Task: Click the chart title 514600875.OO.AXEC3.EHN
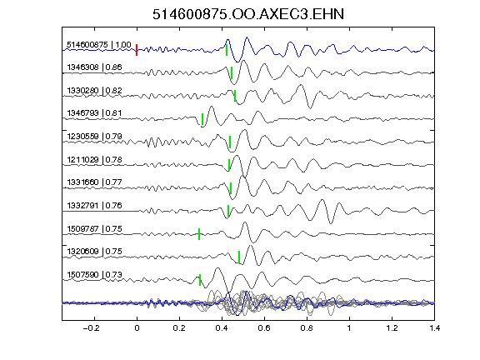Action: point(248,14)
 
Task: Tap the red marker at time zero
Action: point(137,50)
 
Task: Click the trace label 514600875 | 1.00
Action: point(99,45)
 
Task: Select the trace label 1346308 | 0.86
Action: point(94,67)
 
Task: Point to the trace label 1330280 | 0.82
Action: point(94,91)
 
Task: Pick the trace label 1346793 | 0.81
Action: point(94,113)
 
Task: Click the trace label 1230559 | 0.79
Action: point(94,136)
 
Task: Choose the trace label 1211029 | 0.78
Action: point(94,159)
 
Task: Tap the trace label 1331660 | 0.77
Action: point(94,182)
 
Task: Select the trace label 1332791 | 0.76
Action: point(94,205)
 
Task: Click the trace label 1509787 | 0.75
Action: point(94,228)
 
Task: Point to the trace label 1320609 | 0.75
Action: point(94,252)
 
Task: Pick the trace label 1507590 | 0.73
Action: point(94,275)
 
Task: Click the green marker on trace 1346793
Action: point(202,119)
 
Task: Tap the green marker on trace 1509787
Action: point(199,234)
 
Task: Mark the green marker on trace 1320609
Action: point(239,257)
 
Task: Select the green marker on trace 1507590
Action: point(200,280)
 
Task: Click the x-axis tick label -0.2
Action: point(91,328)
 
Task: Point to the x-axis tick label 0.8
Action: point(307,328)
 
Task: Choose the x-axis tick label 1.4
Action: point(434,328)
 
